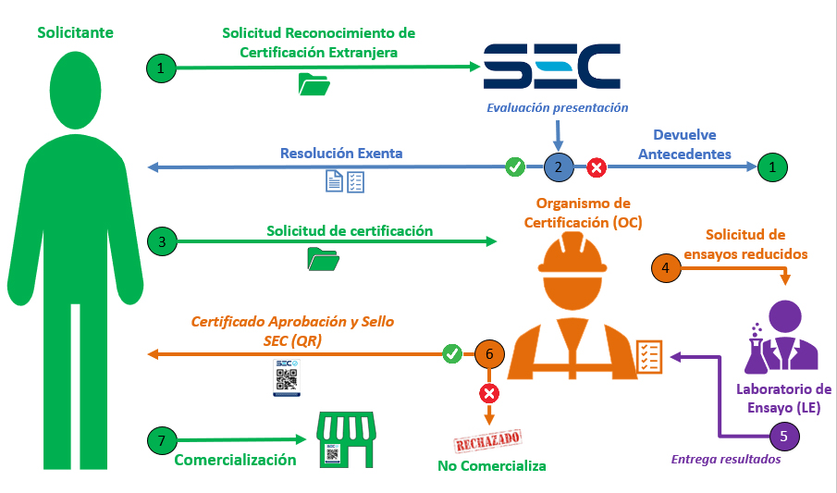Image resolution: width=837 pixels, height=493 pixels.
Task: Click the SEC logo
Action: point(551,67)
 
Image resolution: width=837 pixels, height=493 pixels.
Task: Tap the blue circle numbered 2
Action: point(557,167)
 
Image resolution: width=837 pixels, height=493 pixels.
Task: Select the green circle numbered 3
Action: point(162,242)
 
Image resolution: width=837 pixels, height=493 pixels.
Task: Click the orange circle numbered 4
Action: point(665,267)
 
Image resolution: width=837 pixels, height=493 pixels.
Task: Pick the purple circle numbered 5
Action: point(783,435)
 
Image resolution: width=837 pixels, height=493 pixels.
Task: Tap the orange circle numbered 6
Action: point(489,353)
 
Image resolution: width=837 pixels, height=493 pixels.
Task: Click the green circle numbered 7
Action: point(162,441)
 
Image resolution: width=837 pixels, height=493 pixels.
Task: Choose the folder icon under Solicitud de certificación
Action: point(323,260)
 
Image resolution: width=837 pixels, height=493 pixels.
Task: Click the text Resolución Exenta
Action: point(341,153)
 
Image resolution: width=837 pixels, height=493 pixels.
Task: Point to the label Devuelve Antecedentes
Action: point(683,144)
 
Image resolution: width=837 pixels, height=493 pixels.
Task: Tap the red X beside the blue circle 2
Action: point(597,167)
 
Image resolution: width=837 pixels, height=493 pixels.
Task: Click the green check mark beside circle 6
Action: point(452,353)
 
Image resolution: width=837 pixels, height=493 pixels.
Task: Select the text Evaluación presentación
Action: point(558,107)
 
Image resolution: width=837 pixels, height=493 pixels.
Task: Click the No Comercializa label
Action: point(492,465)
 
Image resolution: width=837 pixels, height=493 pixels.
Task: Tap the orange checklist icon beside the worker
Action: point(648,352)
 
